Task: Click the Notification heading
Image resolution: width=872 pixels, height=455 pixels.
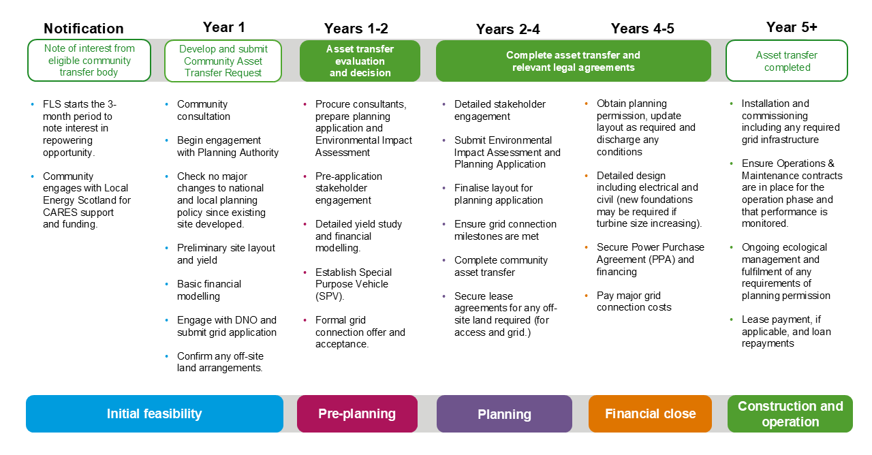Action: [83, 29]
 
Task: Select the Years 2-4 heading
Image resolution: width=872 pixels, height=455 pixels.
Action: [508, 29]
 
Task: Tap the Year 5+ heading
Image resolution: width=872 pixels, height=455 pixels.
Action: [792, 27]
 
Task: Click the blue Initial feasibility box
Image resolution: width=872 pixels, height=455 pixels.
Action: [155, 413]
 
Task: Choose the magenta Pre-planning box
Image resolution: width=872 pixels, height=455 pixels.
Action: [357, 413]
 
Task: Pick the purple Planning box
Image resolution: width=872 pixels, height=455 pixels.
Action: [504, 413]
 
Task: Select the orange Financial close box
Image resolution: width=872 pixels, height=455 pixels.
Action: [650, 413]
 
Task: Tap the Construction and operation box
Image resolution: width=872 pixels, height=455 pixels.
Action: [790, 413]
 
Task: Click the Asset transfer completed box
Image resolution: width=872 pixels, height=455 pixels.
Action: [787, 61]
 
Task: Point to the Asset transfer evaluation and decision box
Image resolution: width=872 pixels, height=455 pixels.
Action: [360, 61]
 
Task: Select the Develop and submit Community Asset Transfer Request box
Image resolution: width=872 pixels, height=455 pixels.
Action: [223, 61]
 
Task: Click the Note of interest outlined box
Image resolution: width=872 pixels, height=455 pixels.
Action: [89, 61]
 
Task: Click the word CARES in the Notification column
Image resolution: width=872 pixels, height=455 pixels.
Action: [59, 213]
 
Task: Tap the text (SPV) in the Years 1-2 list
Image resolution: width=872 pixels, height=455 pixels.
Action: [330, 296]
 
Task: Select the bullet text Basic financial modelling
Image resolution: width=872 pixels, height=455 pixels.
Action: [209, 290]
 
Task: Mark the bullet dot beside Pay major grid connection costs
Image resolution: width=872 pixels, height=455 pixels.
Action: [587, 296]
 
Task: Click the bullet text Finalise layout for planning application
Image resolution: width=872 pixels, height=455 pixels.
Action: [498, 194]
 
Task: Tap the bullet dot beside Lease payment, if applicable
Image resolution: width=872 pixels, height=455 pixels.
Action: [731, 319]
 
